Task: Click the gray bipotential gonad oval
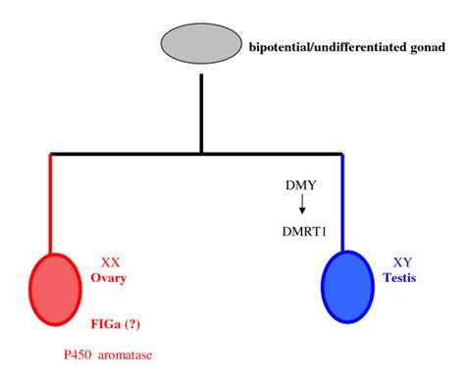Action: pyautogui.click(x=199, y=45)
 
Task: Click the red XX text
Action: pyautogui.click(x=112, y=263)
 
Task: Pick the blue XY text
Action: pyautogui.click(x=402, y=263)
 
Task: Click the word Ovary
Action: pyautogui.click(x=112, y=279)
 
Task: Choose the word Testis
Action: pyautogui.click(x=402, y=279)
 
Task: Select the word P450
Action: pyautogui.click(x=72, y=352)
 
